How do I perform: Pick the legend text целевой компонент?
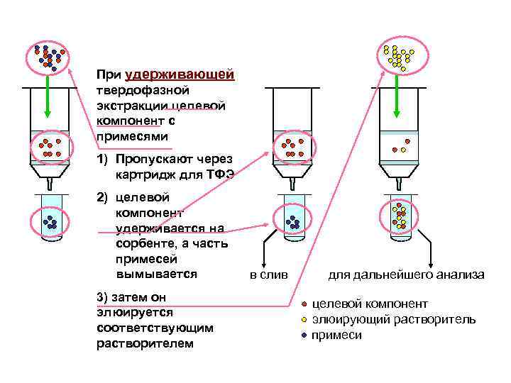coord(370,304)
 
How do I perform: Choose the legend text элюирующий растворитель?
coord(394,319)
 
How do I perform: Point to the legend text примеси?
coord(336,335)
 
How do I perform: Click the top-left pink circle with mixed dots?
coord(48,57)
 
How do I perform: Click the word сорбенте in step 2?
coord(143,243)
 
